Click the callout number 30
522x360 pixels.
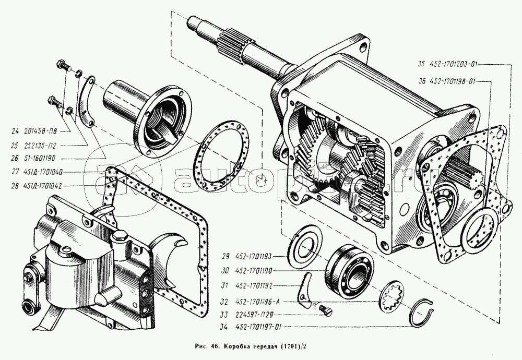(x=226, y=271)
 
